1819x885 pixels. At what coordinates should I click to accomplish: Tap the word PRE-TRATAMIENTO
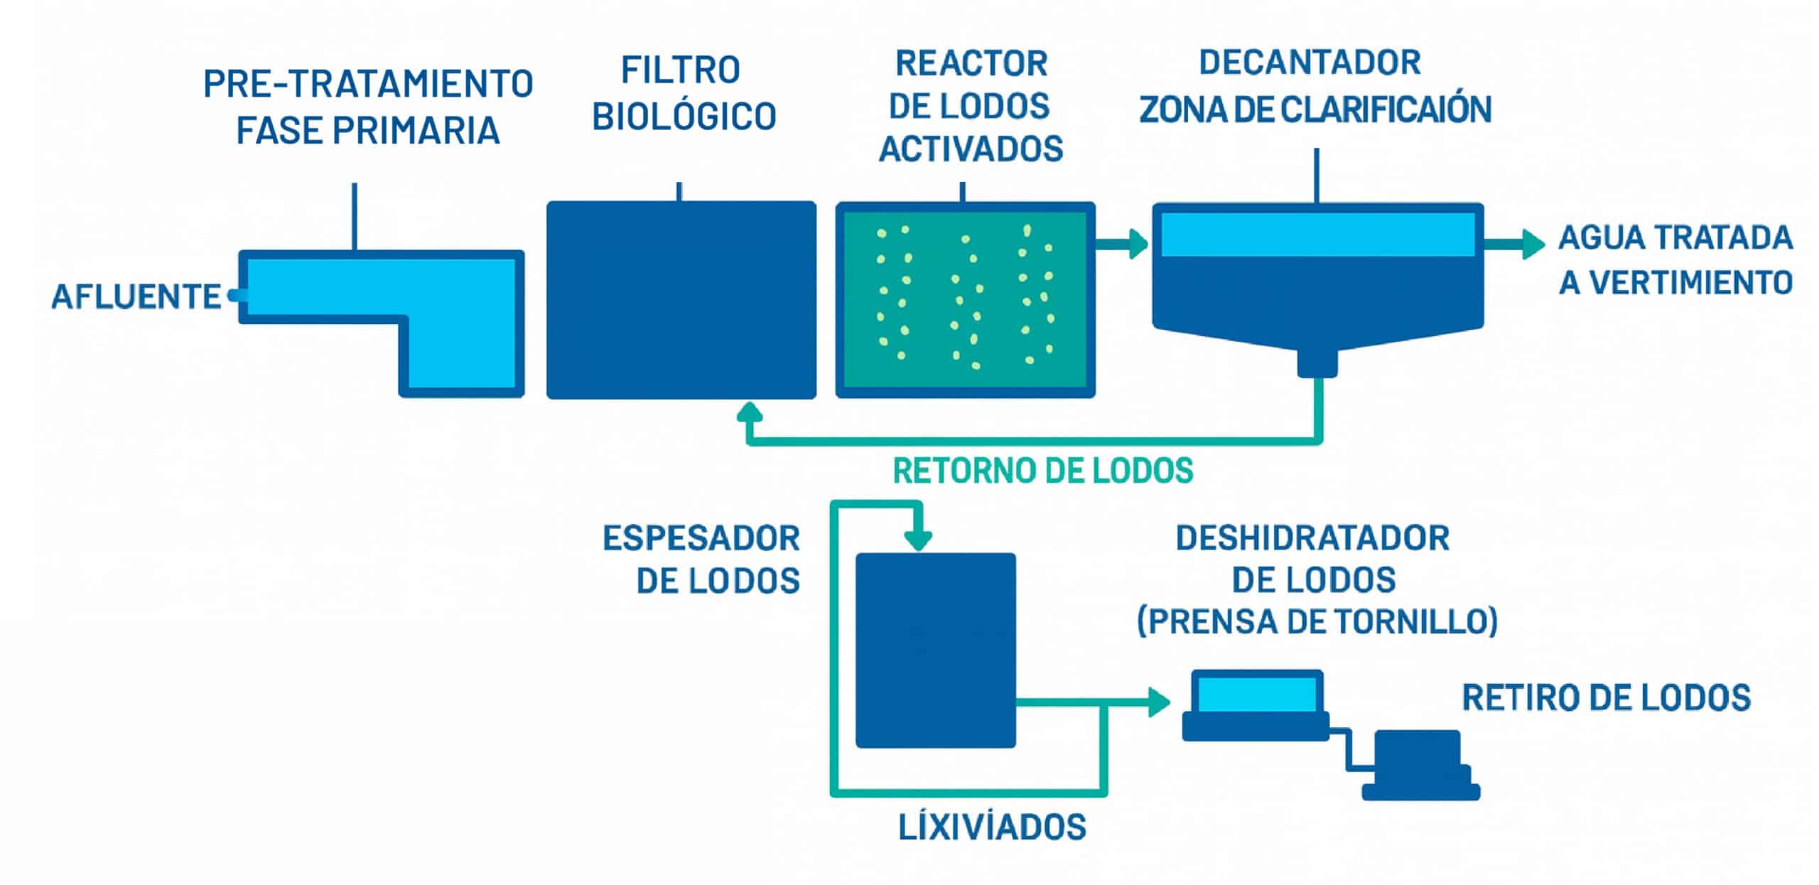click(x=368, y=85)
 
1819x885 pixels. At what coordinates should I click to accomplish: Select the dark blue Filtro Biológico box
click(x=681, y=300)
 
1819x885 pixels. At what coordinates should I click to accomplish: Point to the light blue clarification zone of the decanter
click(x=1317, y=235)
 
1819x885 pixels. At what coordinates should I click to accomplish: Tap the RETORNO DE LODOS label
click(x=1042, y=471)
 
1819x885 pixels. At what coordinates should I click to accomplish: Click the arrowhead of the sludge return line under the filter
click(x=749, y=413)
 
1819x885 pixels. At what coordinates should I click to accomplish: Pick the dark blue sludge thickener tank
click(x=935, y=650)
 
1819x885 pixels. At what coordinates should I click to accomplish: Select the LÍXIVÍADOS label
click(x=992, y=827)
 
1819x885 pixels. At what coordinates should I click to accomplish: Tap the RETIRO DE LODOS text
click(x=1606, y=698)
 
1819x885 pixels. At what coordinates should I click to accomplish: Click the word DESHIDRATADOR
click(x=1312, y=538)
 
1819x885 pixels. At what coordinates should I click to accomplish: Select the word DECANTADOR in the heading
click(x=1310, y=63)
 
